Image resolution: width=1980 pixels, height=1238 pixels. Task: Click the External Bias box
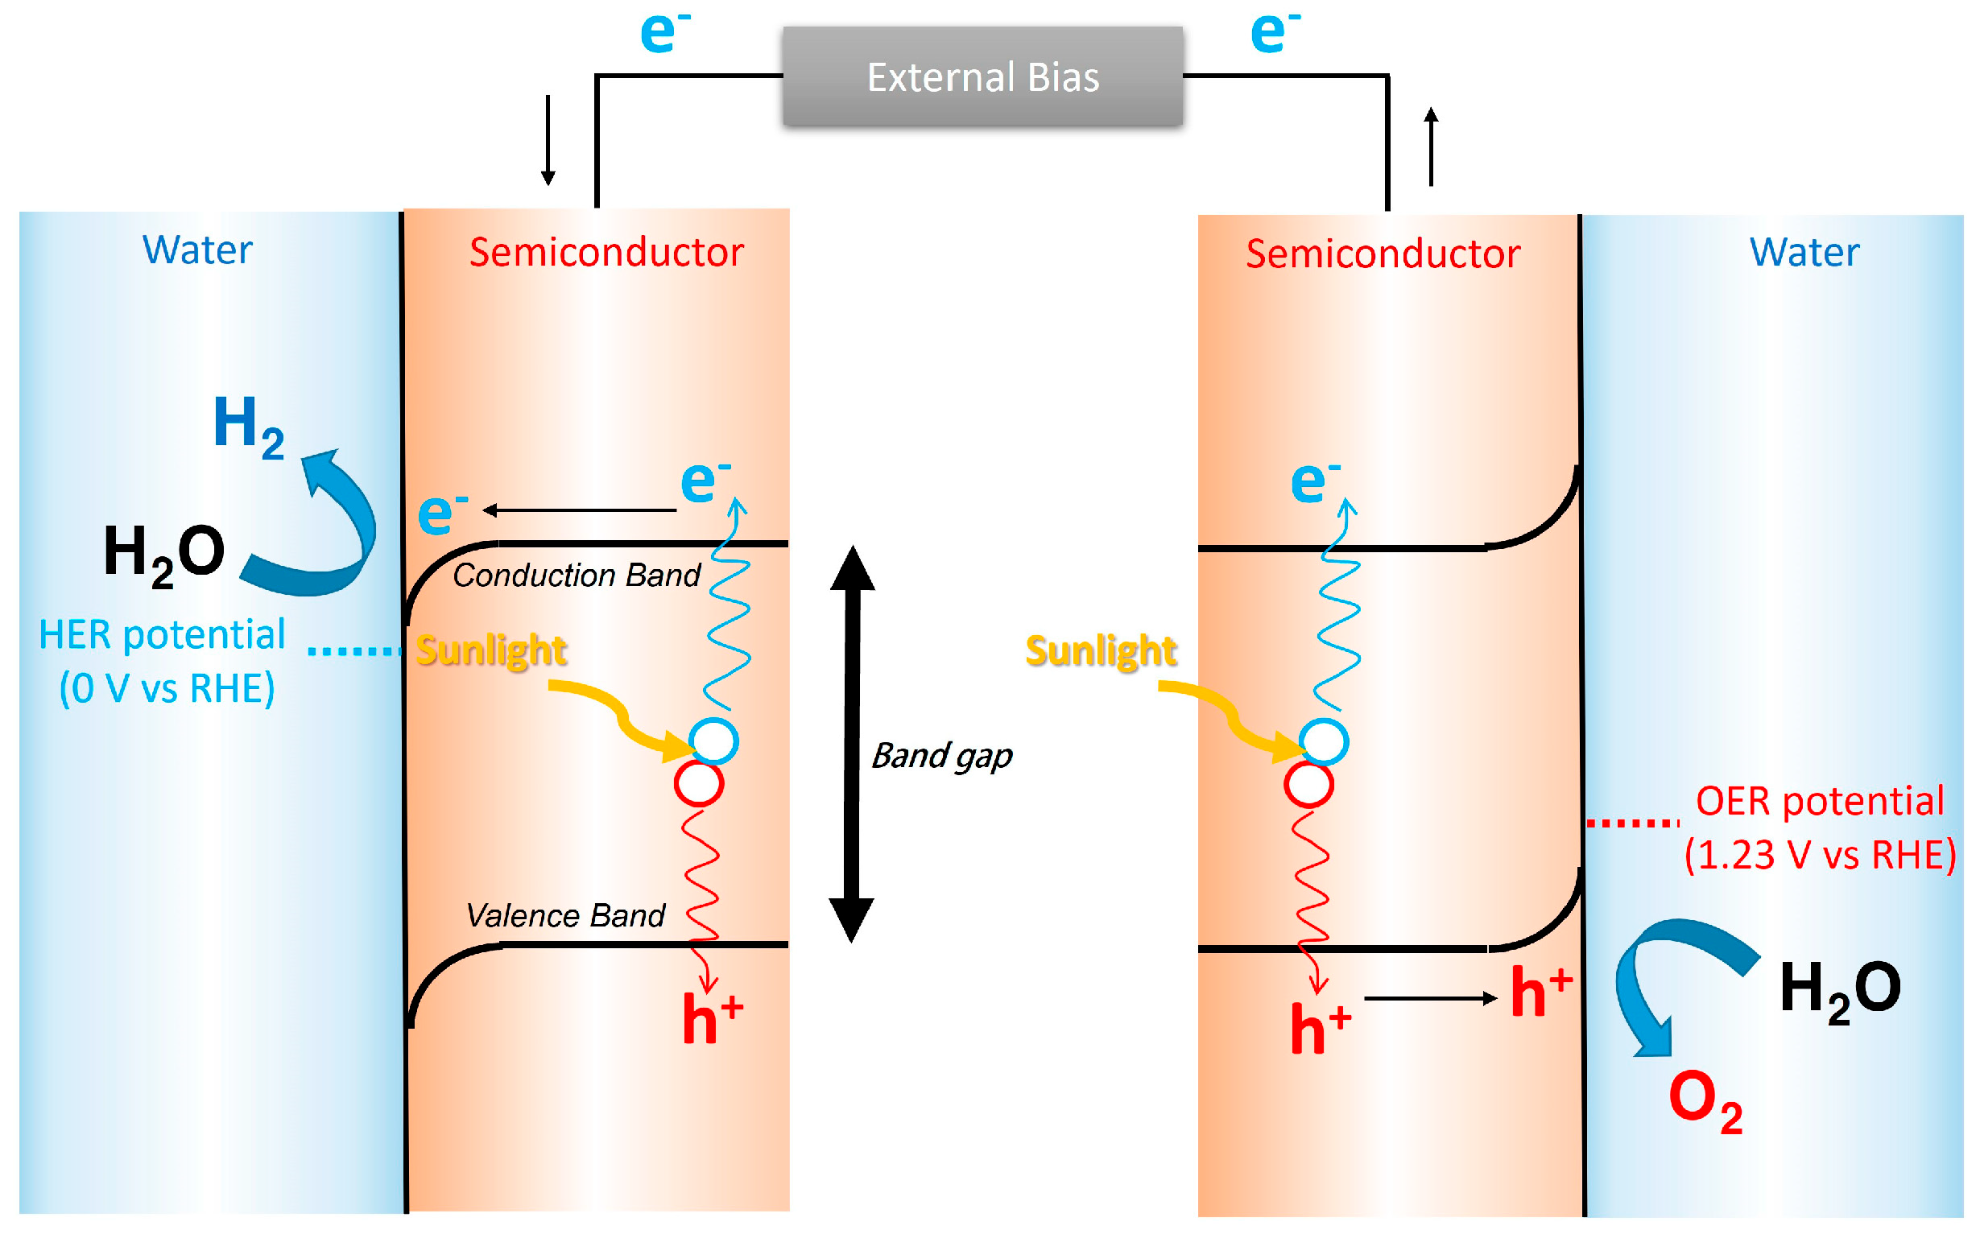coord(982,76)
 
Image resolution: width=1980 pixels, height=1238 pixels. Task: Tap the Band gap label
coord(940,755)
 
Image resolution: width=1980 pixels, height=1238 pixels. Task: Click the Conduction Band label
coord(576,576)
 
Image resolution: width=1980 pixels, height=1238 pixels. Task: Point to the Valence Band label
coord(565,915)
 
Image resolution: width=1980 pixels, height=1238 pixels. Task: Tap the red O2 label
coord(1705,1101)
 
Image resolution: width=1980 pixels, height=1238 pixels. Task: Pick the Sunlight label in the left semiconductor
coord(490,650)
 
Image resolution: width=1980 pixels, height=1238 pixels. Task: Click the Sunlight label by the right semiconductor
coord(1101,651)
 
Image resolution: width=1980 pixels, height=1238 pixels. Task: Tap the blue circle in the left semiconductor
coord(713,741)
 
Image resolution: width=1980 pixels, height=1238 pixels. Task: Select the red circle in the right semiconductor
coord(1308,783)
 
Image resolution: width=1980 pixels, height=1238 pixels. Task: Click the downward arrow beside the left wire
coord(548,139)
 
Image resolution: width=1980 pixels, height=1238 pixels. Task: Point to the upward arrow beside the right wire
coord(1431,147)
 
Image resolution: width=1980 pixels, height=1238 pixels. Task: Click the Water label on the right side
coord(1804,252)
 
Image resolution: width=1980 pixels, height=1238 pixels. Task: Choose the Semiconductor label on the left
coord(606,252)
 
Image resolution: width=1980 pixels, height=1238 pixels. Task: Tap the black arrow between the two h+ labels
coord(1430,998)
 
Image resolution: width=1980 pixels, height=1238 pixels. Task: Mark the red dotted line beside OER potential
coord(1632,823)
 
